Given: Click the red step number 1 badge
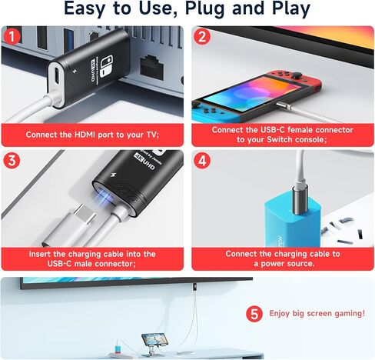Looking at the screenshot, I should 12,35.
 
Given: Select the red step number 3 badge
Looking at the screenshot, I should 12,162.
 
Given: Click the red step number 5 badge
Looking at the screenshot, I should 254,314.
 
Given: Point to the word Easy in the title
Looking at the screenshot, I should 87,9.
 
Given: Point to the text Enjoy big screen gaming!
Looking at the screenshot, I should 317,314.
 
